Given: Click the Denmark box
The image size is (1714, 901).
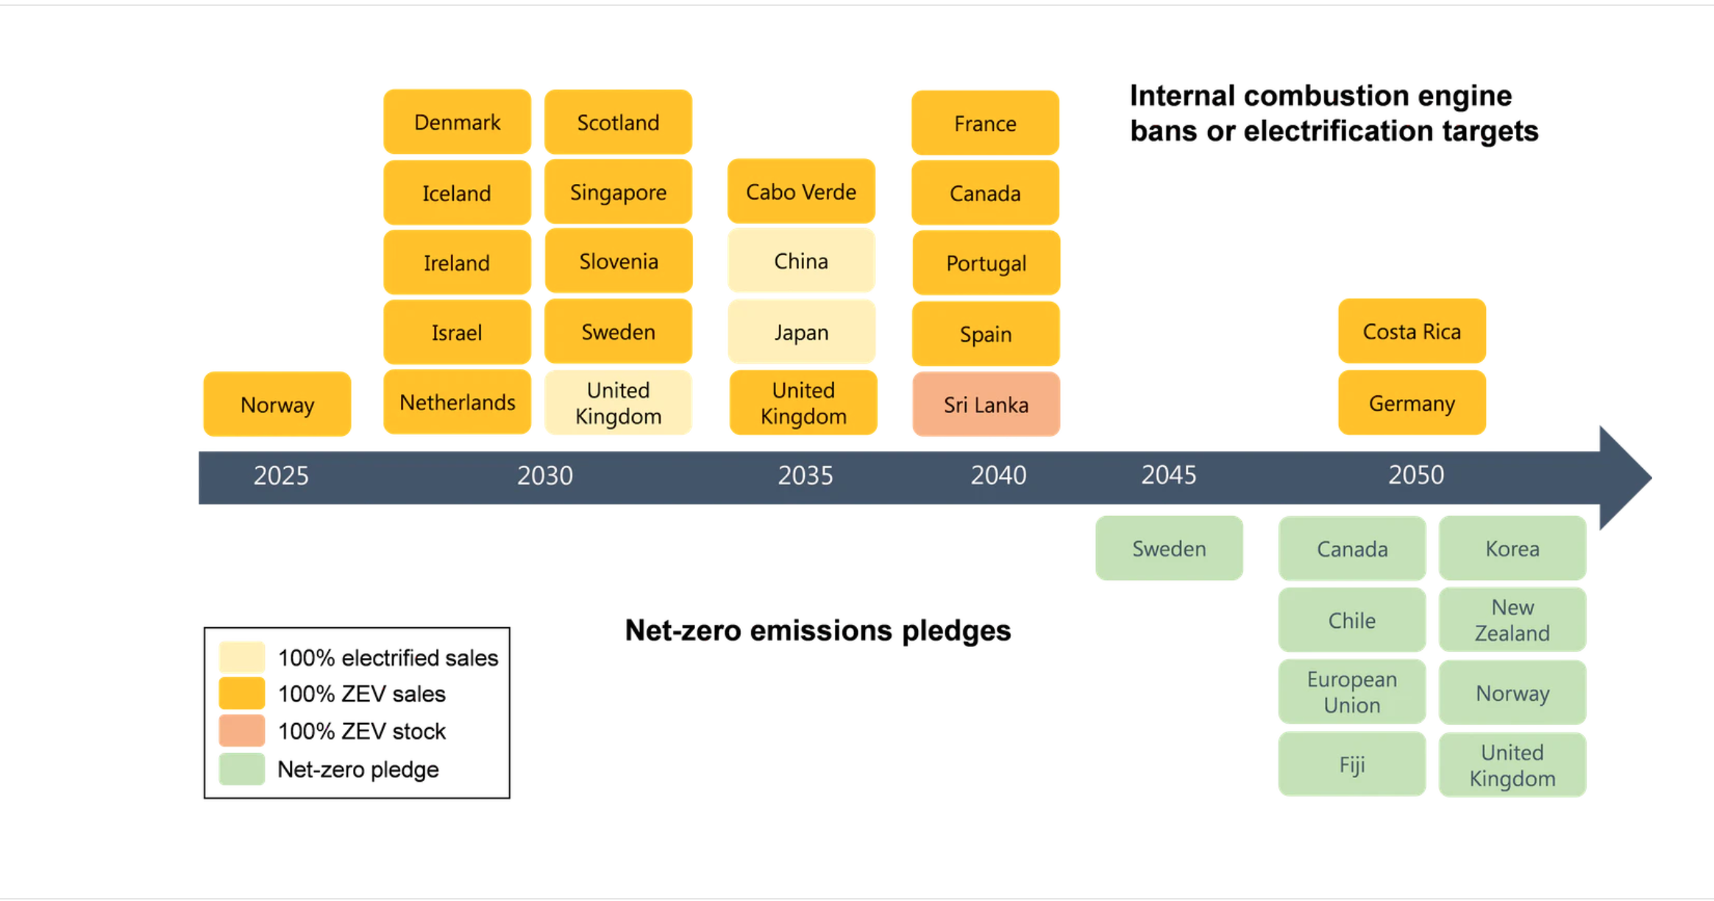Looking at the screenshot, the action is pyautogui.click(x=457, y=122).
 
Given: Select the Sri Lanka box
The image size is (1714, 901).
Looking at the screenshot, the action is pyautogui.click(x=986, y=404).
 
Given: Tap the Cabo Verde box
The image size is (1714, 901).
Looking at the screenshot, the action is pyautogui.click(x=801, y=191).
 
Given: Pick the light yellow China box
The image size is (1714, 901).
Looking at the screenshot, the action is pyautogui.click(x=801, y=261).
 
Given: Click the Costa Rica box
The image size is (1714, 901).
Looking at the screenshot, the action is pyautogui.click(x=1412, y=331).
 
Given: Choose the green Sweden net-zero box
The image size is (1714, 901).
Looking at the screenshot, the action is pyautogui.click(x=1169, y=548).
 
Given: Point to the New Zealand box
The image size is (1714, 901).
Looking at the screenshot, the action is pyautogui.click(x=1512, y=620).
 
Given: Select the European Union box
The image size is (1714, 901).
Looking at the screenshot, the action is pyautogui.click(x=1352, y=692).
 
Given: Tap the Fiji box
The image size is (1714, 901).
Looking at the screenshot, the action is pyautogui.click(x=1352, y=764).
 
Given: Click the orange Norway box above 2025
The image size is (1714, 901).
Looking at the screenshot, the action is pyautogui.click(x=277, y=404).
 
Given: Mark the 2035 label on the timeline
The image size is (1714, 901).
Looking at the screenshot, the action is pyautogui.click(x=806, y=476).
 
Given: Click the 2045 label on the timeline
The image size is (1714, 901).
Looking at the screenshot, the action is pyautogui.click(x=1169, y=475).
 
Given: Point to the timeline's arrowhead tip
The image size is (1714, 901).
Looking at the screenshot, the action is pyautogui.click(x=1651, y=478).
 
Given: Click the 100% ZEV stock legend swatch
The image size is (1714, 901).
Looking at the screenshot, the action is pyautogui.click(x=242, y=731).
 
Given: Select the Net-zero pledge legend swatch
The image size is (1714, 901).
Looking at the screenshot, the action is pyautogui.click(x=242, y=769).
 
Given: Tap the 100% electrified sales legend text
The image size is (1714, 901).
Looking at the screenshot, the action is pyautogui.click(x=388, y=657).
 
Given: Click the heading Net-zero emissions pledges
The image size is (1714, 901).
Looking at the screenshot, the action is pyautogui.click(x=818, y=631).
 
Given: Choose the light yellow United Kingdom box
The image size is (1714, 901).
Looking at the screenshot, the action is pyautogui.click(x=618, y=403).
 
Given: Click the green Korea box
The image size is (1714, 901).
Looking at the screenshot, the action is pyautogui.click(x=1512, y=548).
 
